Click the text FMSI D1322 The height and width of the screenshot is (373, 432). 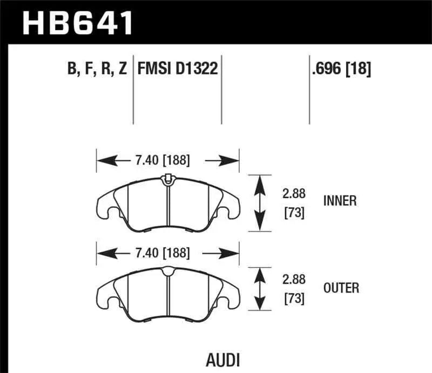pos(178,69)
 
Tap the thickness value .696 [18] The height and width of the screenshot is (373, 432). pos(340,69)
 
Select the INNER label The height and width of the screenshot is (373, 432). pos(340,201)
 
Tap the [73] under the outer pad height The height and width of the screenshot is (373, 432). pos(294,299)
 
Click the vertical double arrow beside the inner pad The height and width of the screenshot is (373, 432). pos(260,202)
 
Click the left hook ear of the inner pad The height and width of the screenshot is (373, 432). pos(106,207)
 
